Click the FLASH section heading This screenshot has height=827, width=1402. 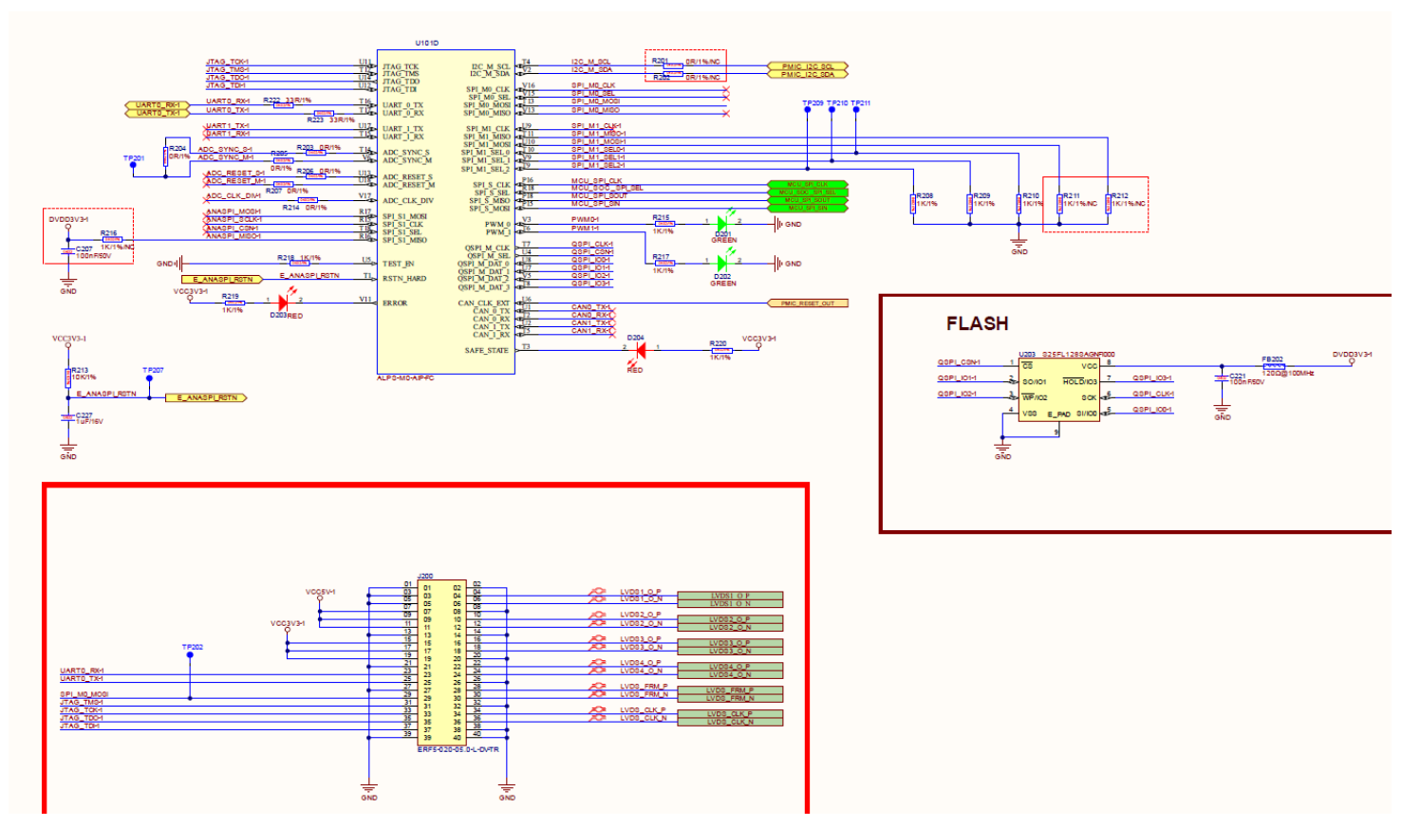(x=977, y=323)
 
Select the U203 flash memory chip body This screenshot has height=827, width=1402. (x=1058, y=390)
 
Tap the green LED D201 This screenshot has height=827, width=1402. (x=722, y=224)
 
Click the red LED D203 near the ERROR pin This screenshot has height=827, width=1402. (x=283, y=301)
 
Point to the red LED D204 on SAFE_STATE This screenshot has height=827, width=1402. (x=640, y=350)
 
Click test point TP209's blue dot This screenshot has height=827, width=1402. (x=808, y=110)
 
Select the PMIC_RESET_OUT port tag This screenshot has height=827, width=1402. (x=807, y=303)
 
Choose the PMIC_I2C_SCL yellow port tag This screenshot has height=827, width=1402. (x=807, y=66)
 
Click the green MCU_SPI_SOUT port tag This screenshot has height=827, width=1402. (x=807, y=200)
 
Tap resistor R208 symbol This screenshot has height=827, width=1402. (x=913, y=203)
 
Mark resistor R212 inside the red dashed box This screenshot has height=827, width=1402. (x=1108, y=203)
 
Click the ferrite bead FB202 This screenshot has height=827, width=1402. (x=1274, y=366)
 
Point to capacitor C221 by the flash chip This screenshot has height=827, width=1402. (x=1222, y=378)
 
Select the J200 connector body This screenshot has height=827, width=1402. (x=442, y=661)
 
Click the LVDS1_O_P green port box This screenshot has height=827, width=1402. (x=730, y=596)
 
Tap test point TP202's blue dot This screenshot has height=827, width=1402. (x=190, y=655)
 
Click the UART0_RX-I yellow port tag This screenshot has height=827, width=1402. (x=157, y=105)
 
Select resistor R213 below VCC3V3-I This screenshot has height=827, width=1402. (x=67, y=377)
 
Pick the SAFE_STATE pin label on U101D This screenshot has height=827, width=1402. (x=487, y=351)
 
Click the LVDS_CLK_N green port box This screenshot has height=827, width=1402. (x=730, y=722)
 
